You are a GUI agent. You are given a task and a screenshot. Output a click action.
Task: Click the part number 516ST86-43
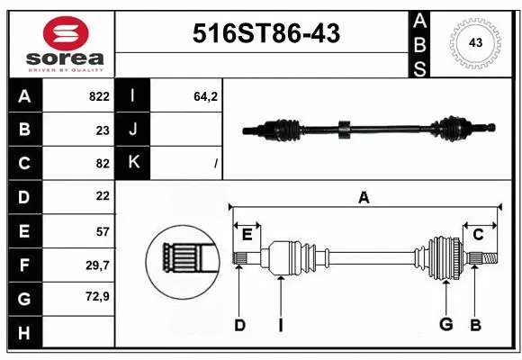pyautogui.click(x=267, y=35)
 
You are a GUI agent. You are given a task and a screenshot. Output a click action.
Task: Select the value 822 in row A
pyautogui.click(x=98, y=96)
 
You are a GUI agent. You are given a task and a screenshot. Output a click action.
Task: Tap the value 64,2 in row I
pyautogui.click(x=207, y=96)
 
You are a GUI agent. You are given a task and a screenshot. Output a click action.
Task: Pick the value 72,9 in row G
pyautogui.click(x=98, y=296)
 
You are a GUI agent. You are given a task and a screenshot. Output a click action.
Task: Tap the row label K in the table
pyautogui.click(x=133, y=163)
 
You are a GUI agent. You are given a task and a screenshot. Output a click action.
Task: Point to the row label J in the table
pyautogui.click(x=133, y=130)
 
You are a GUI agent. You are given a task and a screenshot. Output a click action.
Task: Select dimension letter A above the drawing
pyautogui.click(x=364, y=197)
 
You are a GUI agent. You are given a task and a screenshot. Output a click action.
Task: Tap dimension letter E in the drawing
pyautogui.click(x=247, y=235)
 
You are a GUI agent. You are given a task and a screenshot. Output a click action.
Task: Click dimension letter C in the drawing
pyautogui.click(x=478, y=235)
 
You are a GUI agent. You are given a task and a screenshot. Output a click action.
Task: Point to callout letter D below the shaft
pyautogui.click(x=239, y=325)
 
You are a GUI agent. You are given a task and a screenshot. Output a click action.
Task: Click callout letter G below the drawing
pyautogui.click(x=445, y=325)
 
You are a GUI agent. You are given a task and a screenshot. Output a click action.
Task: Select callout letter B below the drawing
pyautogui.click(x=475, y=325)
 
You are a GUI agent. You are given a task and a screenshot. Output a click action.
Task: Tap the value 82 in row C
pyautogui.click(x=102, y=163)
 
